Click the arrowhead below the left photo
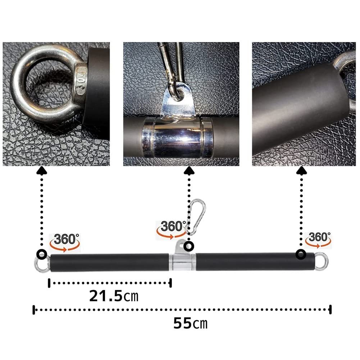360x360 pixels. (x=42, y=170)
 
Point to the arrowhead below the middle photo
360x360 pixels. (x=190, y=170)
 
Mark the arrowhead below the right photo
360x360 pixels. (x=301, y=170)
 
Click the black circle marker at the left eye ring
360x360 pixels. (x=42, y=254)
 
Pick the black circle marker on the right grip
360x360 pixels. (x=301, y=255)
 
